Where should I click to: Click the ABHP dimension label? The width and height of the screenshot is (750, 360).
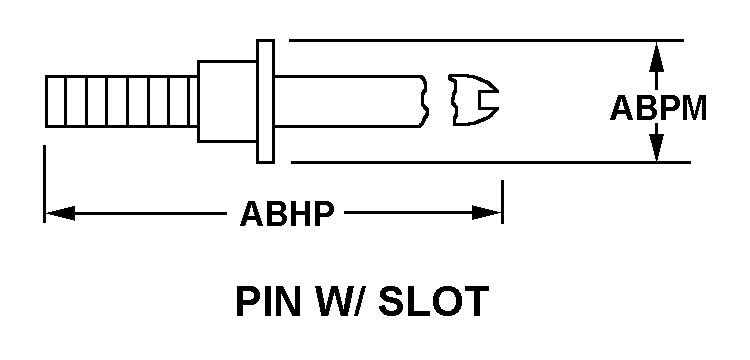tap(286, 213)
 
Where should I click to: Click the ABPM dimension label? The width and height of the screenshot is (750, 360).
tap(658, 108)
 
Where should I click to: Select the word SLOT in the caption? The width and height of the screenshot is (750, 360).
tap(433, 301)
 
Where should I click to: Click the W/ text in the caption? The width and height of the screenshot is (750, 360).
tap(339, 301)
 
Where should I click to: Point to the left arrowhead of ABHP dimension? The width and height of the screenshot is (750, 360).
tap(60, 213)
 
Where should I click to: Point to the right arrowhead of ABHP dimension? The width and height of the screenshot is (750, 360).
tap(486, 213)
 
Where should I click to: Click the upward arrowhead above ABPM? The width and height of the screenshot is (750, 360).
tap(657, 57)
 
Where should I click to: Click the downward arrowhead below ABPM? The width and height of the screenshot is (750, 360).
tap(657, 147)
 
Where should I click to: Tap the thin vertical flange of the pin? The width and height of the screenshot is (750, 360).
tap(265, 101)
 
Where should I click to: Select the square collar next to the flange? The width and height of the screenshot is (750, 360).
tap(227, 101)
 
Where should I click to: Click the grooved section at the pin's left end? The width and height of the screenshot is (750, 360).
tap(121, 101)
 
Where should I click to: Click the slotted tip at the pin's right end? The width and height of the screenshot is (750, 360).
tap(476, 100)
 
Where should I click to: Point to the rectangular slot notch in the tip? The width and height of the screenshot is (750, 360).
tap(489, 100)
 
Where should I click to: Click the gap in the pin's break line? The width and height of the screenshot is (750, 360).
tap(439, 100)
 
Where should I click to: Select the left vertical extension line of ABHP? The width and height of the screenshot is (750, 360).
tap(44, 184)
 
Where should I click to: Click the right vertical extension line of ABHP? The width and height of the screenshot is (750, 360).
tap(502, 202)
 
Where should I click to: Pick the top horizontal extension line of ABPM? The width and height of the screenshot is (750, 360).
tap(486, 41)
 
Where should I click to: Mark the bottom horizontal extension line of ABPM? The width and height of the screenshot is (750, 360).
tap(491, 163)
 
